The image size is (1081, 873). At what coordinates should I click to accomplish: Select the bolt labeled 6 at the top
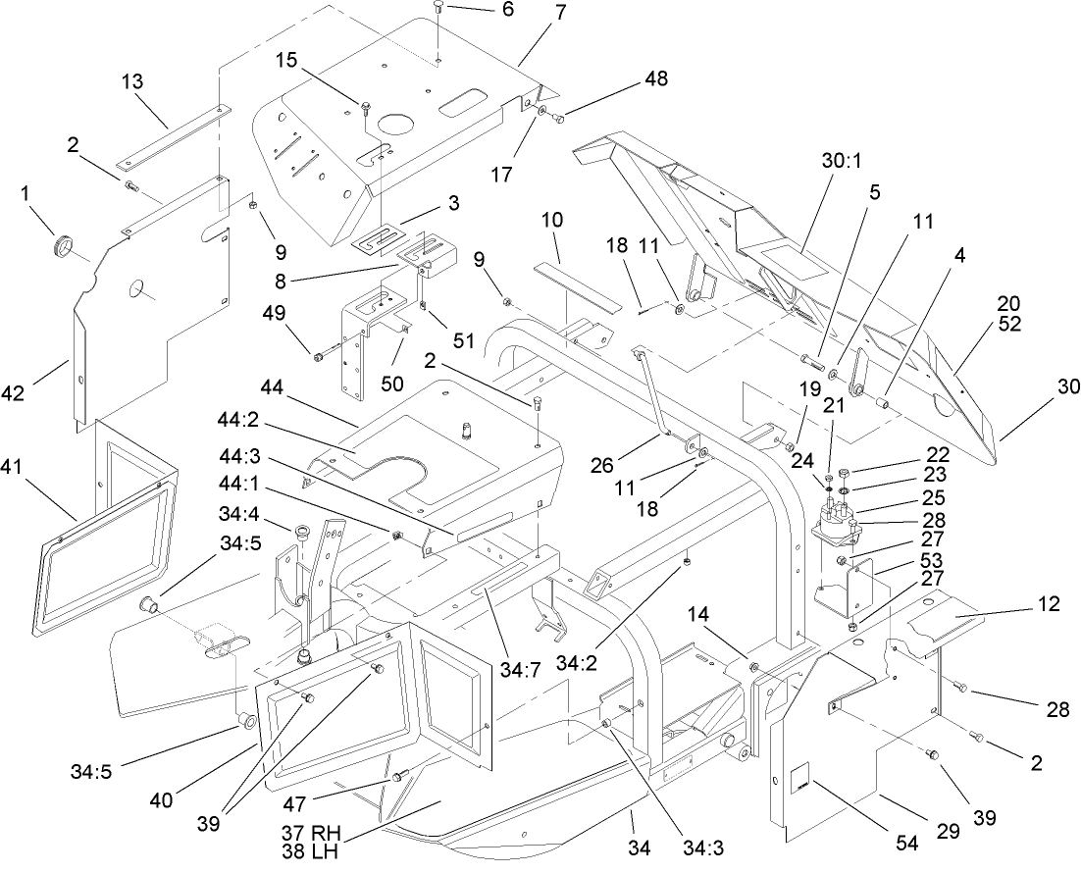click(438, 8)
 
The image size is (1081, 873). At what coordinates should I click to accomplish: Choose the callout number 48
click(655, 80)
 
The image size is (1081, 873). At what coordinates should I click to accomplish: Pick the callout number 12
click(1049, 604)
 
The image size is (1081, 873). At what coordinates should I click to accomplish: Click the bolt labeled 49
click(318, 357)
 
